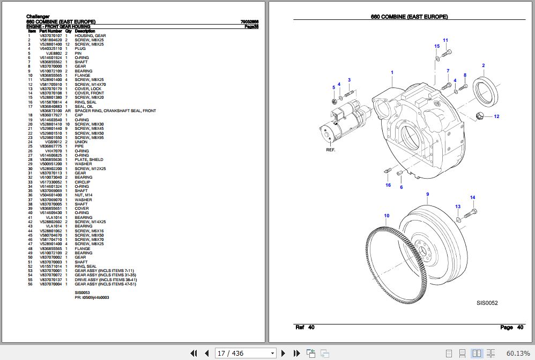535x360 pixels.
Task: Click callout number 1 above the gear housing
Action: [392, 72]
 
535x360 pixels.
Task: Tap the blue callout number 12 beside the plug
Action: [496, 116]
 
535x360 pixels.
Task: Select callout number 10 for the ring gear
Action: [387, 216]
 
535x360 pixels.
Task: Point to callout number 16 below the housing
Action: [388, 185]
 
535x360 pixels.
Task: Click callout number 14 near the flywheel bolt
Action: [472, 198]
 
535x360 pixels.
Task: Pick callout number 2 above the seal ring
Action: [483, 65]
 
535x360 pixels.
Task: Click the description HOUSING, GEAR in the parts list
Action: [90, 35]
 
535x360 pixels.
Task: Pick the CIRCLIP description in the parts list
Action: [83, 182]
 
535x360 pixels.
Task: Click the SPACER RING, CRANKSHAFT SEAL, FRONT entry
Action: [115, 111]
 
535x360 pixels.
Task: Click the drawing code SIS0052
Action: [487, 303]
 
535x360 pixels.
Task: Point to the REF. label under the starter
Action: [331, 150]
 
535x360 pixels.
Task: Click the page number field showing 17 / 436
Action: [245, 353]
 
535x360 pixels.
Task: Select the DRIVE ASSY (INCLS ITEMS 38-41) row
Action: [106, 280]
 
